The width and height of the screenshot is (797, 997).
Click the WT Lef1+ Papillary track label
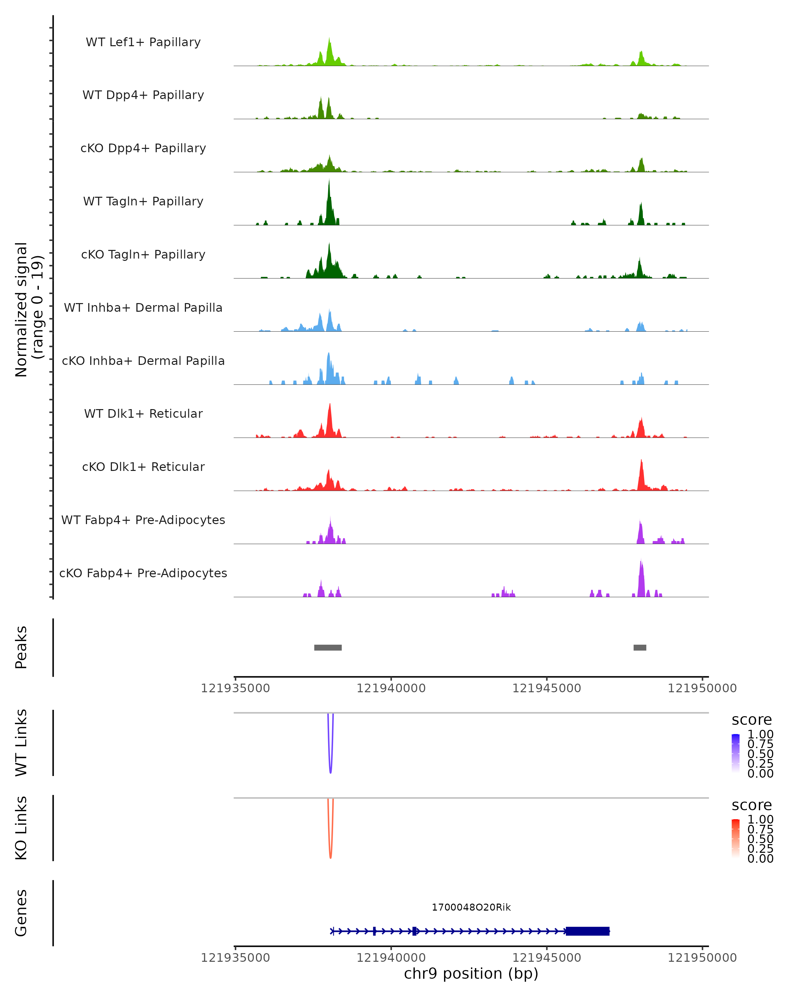(x=143, y=42)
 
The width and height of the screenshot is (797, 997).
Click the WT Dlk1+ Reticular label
(x=143, y=413)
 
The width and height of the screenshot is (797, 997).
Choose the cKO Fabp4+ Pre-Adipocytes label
(x=143, y=573)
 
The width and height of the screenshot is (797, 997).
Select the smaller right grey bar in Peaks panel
(x=640, y=647)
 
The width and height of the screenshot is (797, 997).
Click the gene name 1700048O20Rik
(x=471, y=907)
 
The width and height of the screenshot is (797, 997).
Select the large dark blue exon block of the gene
(x=588, y=931)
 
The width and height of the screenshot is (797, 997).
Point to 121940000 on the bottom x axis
(x=391, y=958)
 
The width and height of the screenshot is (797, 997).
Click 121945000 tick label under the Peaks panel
(x=547, y=688)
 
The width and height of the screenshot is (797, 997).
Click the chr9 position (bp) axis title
(x=471, y=974)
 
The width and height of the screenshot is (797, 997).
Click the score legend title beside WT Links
(x=751, y=720)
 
